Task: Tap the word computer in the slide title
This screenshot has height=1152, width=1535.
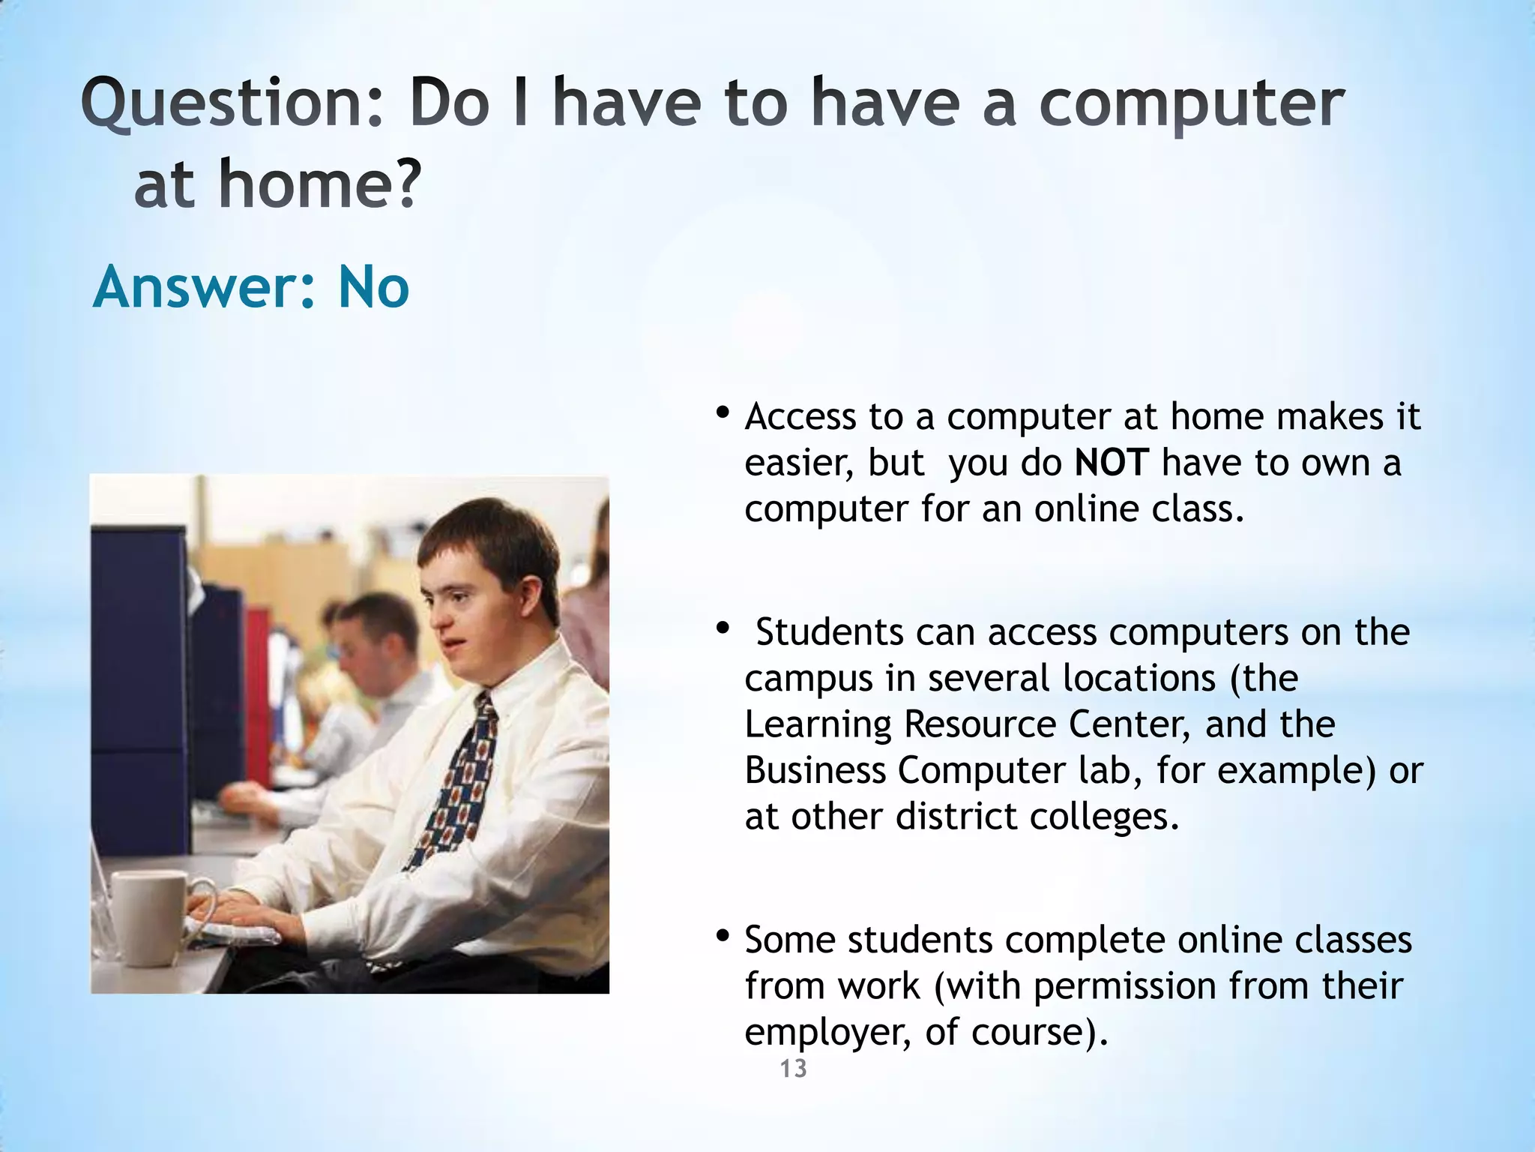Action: tap(1191, 105)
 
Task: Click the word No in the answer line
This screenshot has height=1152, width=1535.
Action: tap(373, 287)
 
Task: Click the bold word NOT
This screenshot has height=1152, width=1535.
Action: tap(1111, 463)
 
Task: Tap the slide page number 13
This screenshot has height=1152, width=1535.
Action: tap(793, 1069)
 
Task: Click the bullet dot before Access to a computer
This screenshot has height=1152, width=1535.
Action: tap(722, 412)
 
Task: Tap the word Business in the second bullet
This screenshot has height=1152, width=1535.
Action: tap(815, 771)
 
